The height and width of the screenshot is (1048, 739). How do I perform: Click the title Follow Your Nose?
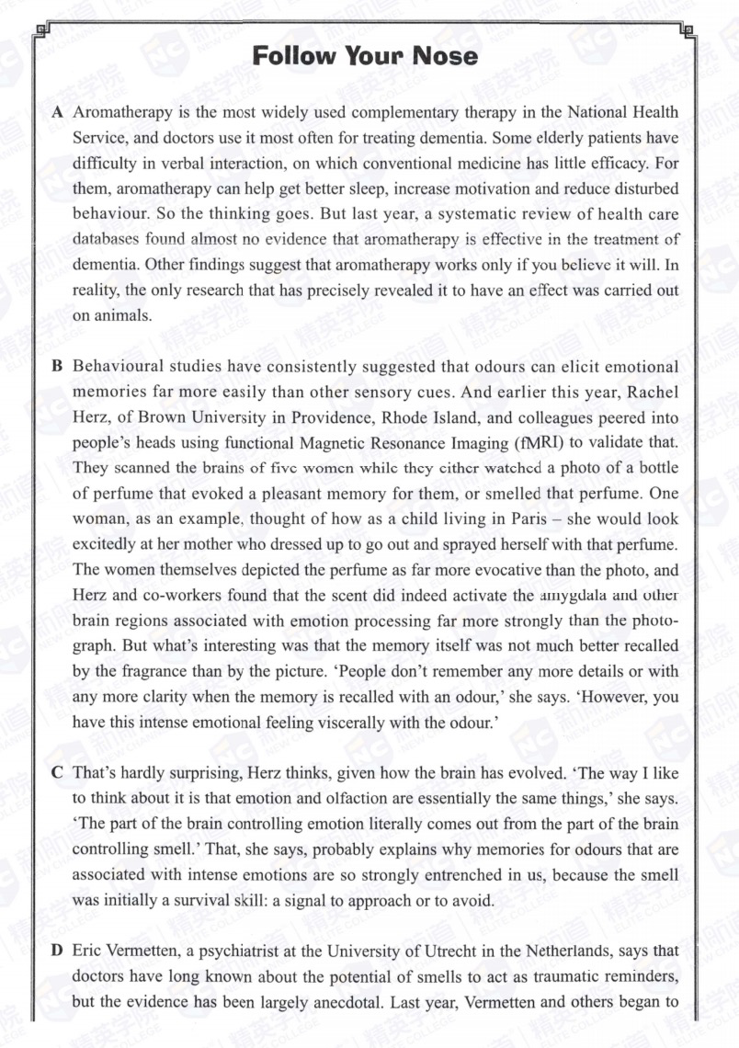tap(365, 57)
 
